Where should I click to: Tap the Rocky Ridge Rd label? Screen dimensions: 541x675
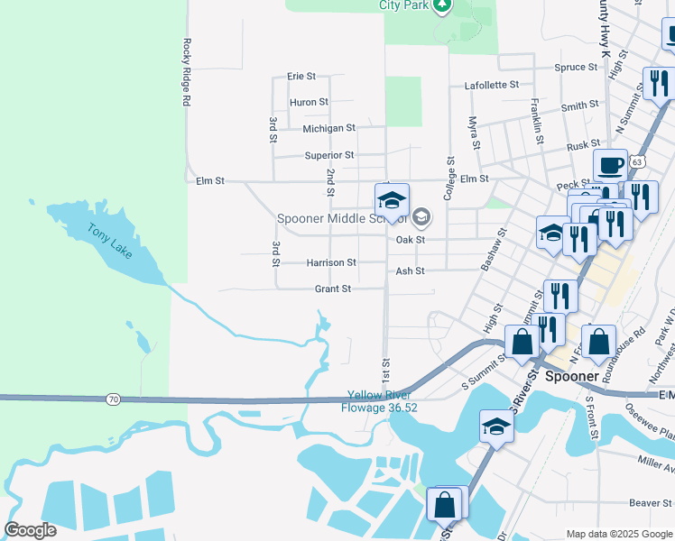tap(187, 72)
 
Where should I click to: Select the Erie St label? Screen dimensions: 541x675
tap(301, 77)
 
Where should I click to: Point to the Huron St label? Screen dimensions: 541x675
tap(309, 103)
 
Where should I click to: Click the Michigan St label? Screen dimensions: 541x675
tap(328, 129)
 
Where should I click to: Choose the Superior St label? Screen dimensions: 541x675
tap(328, 155)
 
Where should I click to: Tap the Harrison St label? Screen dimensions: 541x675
tap(331, 262)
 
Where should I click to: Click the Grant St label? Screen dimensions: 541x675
tap(332, 289)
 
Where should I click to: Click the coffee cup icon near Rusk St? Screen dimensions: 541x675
tap(610, 166)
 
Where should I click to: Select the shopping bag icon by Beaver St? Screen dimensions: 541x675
tap(444, 504)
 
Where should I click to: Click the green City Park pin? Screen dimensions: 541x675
tap(441, 6)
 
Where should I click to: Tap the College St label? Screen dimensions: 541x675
tap(448, 175)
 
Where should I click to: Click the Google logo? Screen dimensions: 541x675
tap(30, 530)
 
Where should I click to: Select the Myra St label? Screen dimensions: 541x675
tap(472, 133)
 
